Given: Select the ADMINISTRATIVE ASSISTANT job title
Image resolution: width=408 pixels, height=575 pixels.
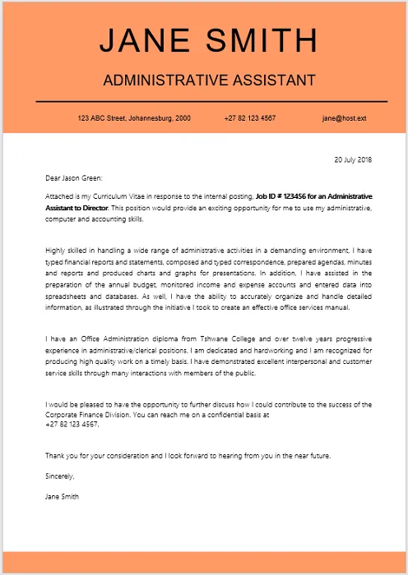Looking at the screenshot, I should coord(209,80).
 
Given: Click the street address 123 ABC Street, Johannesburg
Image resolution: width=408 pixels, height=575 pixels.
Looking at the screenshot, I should coord(134,118).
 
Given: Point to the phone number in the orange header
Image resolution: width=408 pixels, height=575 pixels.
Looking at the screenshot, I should coord(249,118).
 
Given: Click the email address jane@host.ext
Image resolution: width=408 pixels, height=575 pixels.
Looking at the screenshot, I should coord(344,118).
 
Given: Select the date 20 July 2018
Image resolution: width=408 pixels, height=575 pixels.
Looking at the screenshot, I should coord(352,159).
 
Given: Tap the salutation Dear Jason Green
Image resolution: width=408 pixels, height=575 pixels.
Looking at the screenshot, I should coord(75,177).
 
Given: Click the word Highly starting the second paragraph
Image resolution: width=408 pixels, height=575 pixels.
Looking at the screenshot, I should coord(58,249).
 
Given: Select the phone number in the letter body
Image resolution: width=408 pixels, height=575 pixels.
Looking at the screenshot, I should coord(72,425).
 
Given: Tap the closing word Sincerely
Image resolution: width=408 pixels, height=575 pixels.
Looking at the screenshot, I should coord(60,476).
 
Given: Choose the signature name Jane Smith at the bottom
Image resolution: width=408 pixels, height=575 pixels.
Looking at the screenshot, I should coord(63,496).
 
